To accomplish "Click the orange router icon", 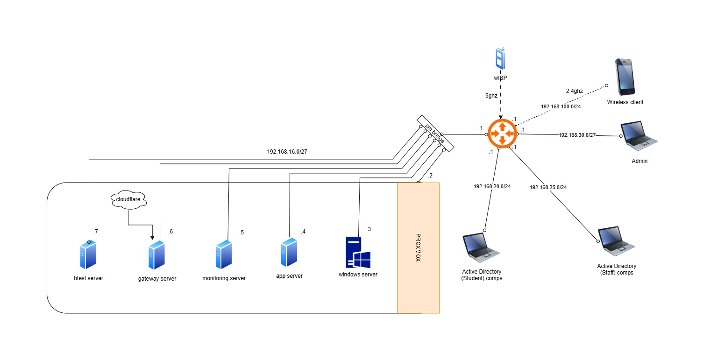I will click(x=502, y=134).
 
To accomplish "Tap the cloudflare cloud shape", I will click(x=128, y=200).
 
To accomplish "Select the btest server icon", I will click(x=88, y=255).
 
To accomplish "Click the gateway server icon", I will click(x=157, y=255).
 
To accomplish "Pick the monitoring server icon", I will click(x=224, y=255).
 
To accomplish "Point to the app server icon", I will click(x=289, y=253).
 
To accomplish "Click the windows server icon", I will click(x=358, y=252).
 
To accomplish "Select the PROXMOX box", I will click(x=418, y=247).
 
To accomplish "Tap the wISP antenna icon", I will click(x=500, y=59).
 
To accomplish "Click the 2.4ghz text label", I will click(x=574, y=91).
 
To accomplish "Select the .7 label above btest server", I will click(x=95, y=232).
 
